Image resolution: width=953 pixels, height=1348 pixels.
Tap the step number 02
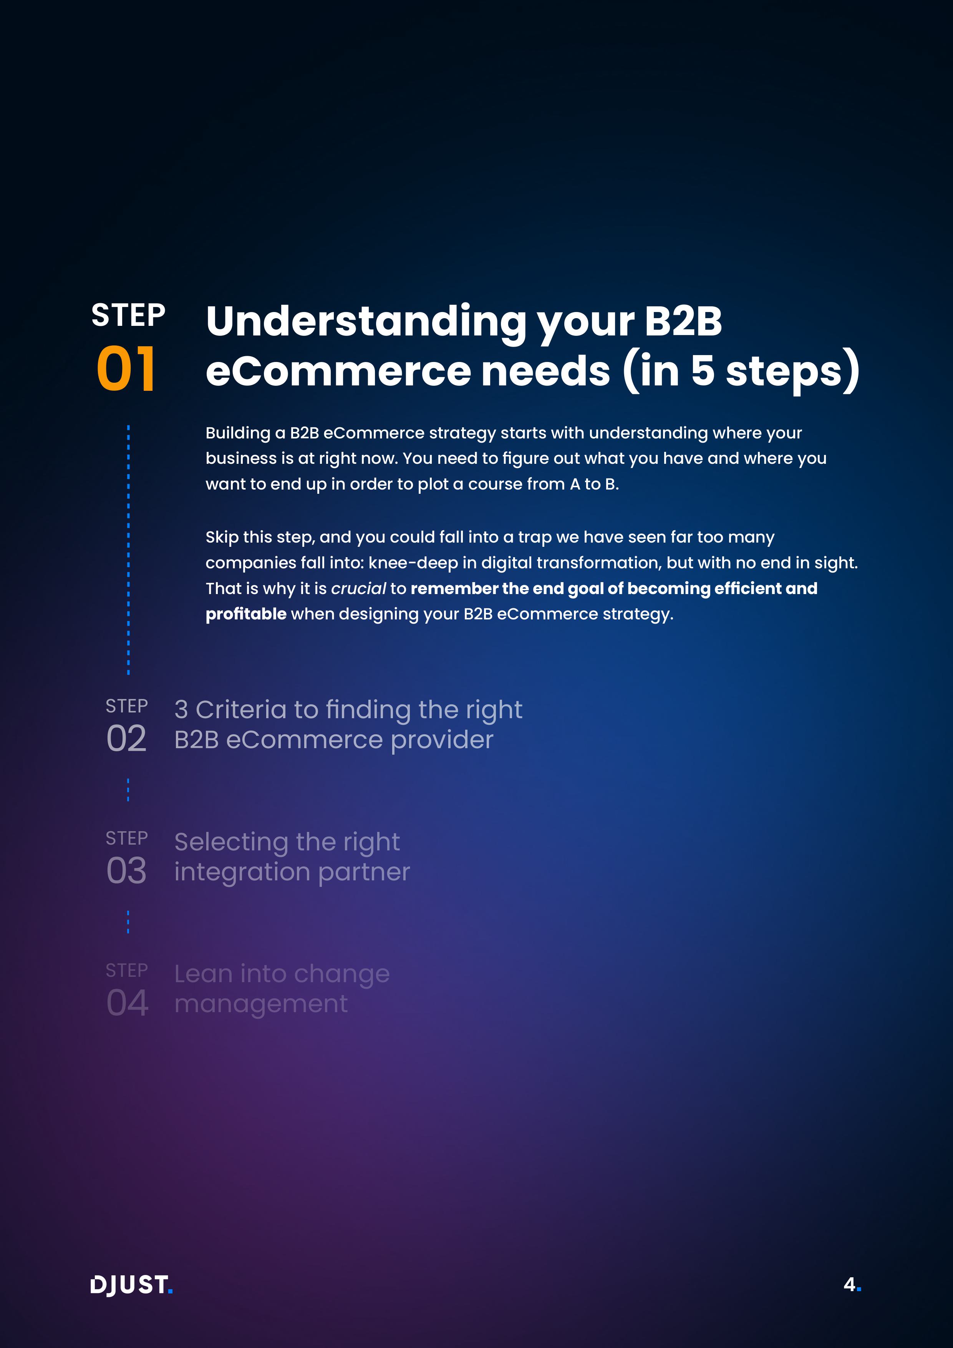tap(126, 738)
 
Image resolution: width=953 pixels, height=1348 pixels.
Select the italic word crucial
tap(358, 588)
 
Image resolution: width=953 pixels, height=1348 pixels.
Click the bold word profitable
tap(246, 614)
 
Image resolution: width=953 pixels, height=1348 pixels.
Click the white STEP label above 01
tap(129, 315)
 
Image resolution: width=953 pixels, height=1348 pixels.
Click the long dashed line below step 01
tap(129, 549)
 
